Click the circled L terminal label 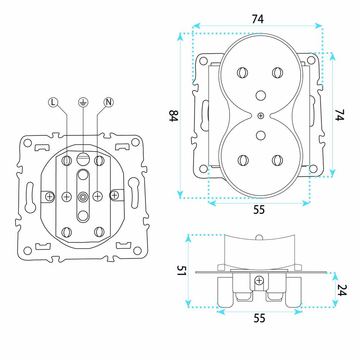tap(53, 102)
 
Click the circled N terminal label tap(109, 102)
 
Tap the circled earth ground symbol tap(83, 102)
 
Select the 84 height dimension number tap(174, 116)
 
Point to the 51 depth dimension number tap(181, 271)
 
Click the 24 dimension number tap(342, 290)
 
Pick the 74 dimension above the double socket tap(258, 19)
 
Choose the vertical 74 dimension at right tap(340, 115)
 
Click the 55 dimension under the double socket tap(259, 210)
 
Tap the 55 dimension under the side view tap(260, 318)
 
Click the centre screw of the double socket tap(261, 116)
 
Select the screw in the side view tap(259, 280)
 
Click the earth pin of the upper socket tap(261, 95)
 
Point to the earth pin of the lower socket tap(261, 135)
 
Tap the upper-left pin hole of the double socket tap(242, 73)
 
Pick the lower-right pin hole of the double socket tap(277, 160)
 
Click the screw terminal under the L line tap(67, 197)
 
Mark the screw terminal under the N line tap(98, 196)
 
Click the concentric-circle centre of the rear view tap(83, 197)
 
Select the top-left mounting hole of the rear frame tap(28, 143)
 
